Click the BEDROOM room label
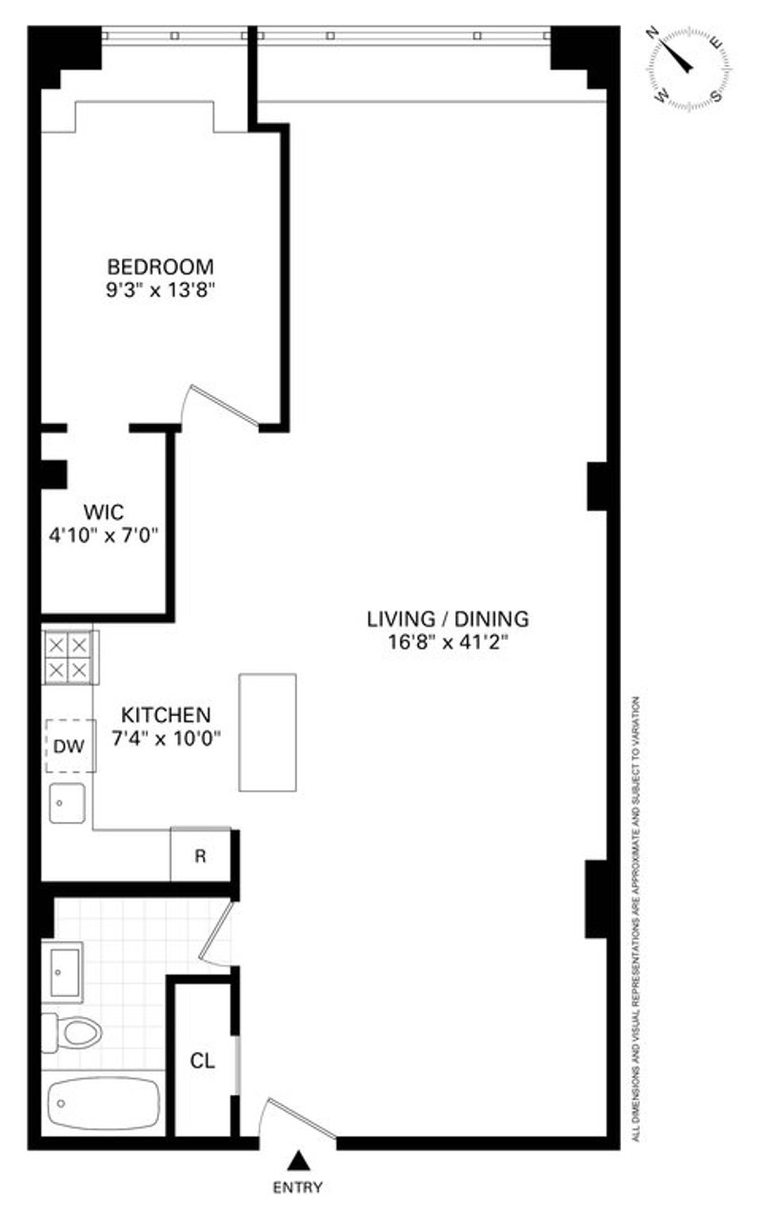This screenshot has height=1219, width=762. click(x=161, y=267)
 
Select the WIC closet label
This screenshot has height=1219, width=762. click(x=104, y=512)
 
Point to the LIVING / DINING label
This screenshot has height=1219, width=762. click(x=448, y=619)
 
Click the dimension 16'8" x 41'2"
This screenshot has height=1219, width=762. click(x=448, y=642)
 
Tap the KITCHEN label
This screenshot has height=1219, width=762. click(x=166, y=714)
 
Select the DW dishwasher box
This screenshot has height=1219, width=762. click(x=70, y=746)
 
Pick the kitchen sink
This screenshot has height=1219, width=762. click(x=67, y=803)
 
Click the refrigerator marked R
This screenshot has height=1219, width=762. click(x=200, y=856)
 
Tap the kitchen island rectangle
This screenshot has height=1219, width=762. click(x=268, y=732)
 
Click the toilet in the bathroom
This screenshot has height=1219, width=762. click(x=71, y=1032)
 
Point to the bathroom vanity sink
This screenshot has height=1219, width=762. click(x=63, y=972)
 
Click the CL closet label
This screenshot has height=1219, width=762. click(x=203, y=1061)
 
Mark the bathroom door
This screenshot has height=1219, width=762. click(x=216, y=934)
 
